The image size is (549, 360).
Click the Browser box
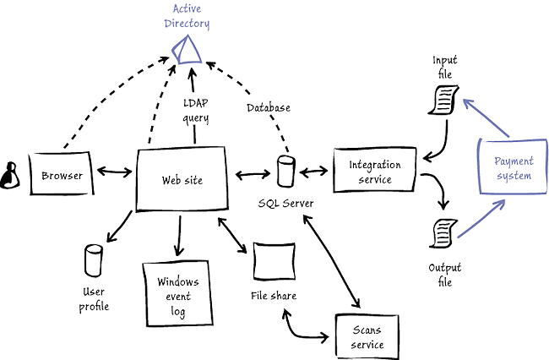click(62, 176)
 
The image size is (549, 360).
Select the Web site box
click(182, 179)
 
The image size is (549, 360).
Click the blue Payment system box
click(513, 169)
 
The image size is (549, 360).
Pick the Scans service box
click(367, 337)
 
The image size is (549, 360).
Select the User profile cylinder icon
click(94, 260)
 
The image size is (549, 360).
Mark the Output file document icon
click(443, 232)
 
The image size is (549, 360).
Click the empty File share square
click(274, 263)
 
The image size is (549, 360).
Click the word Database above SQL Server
click(269, 107)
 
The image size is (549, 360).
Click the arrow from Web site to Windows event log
click(178, 235)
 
